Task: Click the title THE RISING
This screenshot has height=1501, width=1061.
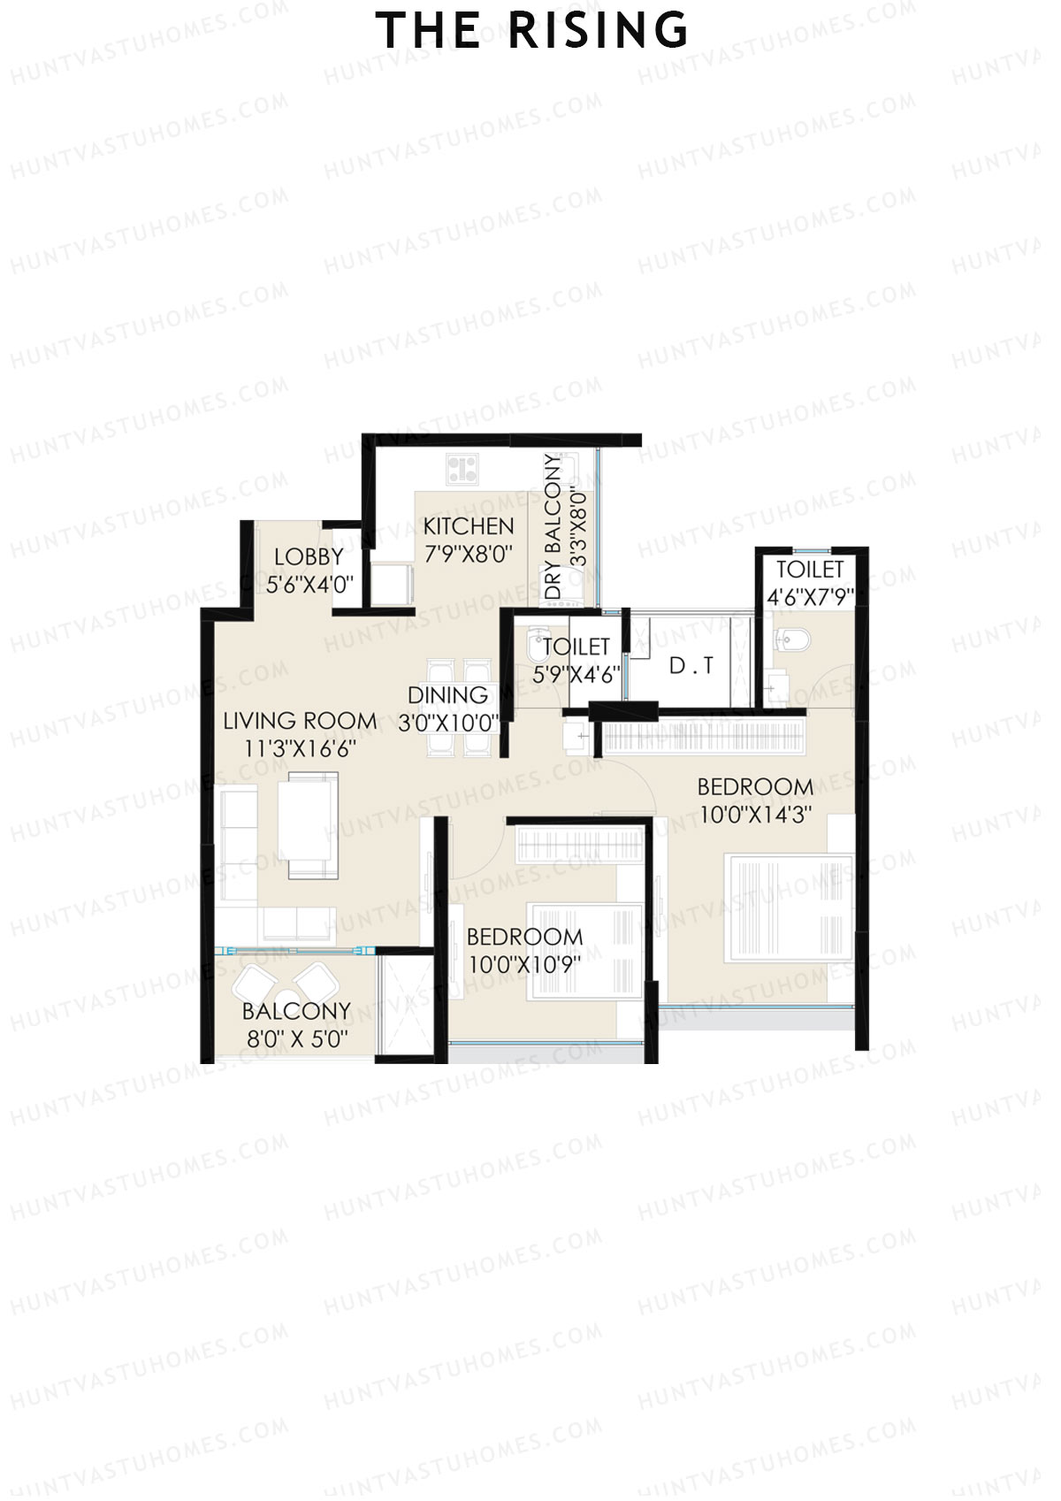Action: click(x=531, y=31)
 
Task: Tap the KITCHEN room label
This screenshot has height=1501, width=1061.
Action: click(x=469, y=527)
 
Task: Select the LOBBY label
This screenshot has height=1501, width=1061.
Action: click(x=309, y=557)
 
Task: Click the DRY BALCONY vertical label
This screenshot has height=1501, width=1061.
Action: click(x=554, y=527)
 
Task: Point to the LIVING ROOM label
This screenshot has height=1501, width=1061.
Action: click(x=300, y=722)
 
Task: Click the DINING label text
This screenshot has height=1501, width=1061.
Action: click(x=448, y=695)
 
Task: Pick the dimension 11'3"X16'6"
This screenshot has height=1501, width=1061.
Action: click(x=300, y=749)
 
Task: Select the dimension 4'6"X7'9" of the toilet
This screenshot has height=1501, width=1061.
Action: click(x=810, y=598)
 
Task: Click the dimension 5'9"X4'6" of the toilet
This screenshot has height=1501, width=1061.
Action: click(x=576, y=675)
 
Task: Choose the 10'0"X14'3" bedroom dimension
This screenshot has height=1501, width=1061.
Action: click(x=755, y=815)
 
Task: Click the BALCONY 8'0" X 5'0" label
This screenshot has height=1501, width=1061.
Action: click(x=296, y=1024)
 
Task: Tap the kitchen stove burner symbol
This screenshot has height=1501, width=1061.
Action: click(x=462, y=469)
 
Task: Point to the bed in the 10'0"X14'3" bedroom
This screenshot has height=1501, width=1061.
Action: click(x=789, y=907)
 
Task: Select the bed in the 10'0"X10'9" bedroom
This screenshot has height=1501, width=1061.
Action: click(x=585, y=951)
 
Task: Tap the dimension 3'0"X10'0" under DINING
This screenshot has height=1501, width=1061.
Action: click(x=448, y=724)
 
